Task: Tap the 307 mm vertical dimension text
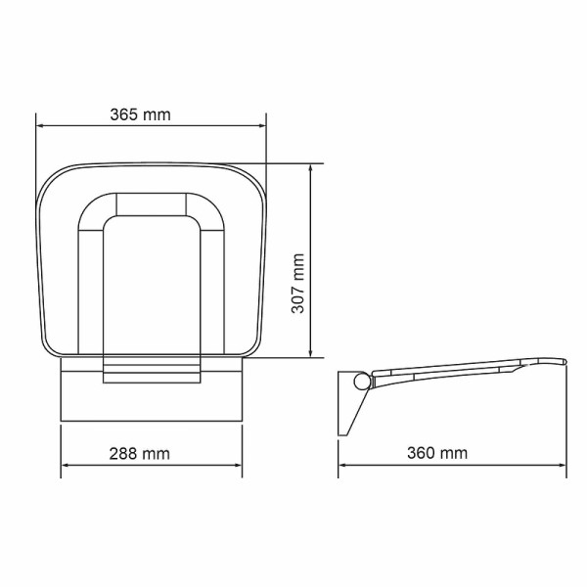click(299, 284)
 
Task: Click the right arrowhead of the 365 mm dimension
click(261, 125)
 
